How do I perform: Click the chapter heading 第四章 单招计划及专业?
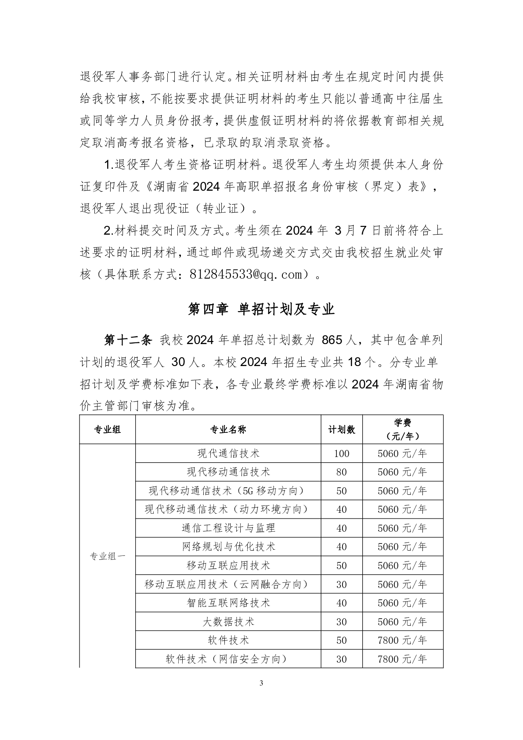[261, 309]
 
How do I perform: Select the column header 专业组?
[107, 429]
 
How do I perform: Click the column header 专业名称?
[228, 429]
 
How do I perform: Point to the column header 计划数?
[341, 429]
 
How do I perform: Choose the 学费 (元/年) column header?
[402, 429]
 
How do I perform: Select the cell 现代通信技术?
[228, 453]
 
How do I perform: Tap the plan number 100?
[341, 453]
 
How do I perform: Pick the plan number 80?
[341, 472]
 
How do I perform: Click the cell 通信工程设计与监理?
[228, 528]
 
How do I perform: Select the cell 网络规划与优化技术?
[228, 547]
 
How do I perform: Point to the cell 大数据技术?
[228, 622]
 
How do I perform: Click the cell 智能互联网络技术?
[228, 603]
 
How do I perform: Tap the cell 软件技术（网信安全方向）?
[228, 659]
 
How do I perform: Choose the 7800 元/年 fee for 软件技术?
[402, 640]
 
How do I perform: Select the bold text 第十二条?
[128, 340]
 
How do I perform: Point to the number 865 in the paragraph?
[332, 340]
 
